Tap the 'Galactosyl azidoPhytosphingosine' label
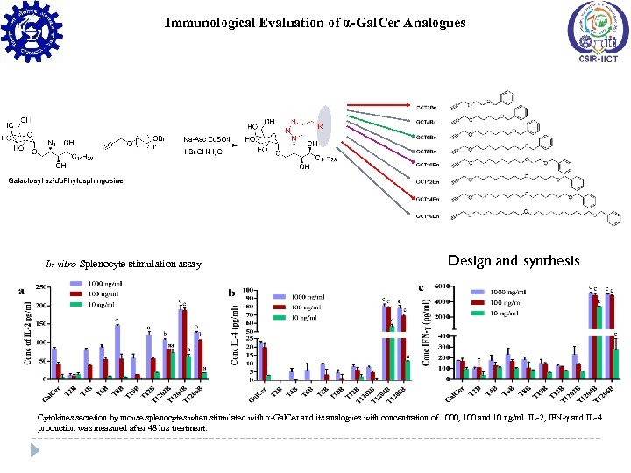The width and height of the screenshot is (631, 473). (67, 180)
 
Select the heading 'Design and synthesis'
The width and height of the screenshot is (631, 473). (514, 260)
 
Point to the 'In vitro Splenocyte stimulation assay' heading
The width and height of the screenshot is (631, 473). (124, 264)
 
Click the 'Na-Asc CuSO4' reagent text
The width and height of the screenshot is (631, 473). (206, 139)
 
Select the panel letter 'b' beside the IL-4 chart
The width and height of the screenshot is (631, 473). (231, 292)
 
